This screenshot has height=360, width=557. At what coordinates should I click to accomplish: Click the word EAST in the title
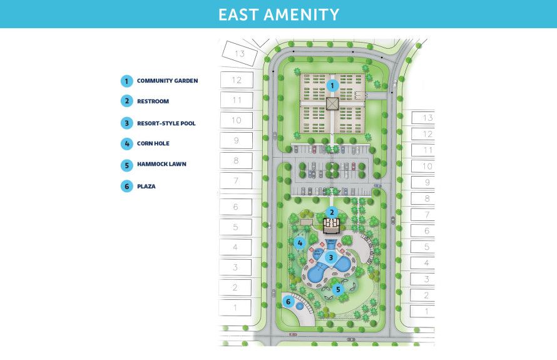pos(240,14)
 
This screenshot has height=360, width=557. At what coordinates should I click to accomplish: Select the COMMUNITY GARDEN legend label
pos(167,81)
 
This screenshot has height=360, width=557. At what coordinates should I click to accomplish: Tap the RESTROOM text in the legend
pos(153,101)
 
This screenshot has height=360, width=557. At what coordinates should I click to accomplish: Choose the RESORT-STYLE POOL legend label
pos(166,123)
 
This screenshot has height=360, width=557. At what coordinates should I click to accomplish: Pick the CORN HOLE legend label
pos(154,143)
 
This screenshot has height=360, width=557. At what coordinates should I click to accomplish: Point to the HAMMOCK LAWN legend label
pos(161,164)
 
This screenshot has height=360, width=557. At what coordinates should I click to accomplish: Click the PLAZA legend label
pos(146,185)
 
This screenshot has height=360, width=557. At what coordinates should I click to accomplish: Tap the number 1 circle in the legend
pos(126,81)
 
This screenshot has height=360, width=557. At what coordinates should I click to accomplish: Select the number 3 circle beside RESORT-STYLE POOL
pos(126,123)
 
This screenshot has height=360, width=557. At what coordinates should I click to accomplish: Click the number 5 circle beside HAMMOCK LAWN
pos(126,165)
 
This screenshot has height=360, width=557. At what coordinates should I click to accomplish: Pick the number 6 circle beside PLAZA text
pos(126,185)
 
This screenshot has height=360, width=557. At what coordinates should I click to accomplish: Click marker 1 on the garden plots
pos(332,85)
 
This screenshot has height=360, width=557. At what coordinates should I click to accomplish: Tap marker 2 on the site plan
pos(332,212)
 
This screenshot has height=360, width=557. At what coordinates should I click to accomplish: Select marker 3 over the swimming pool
pos(330,257)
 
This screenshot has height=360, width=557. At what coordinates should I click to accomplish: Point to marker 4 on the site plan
pos(300,242)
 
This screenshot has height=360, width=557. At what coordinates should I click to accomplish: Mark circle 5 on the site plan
pos(337,289)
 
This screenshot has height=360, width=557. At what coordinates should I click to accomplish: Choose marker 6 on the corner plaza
pos(289,302)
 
